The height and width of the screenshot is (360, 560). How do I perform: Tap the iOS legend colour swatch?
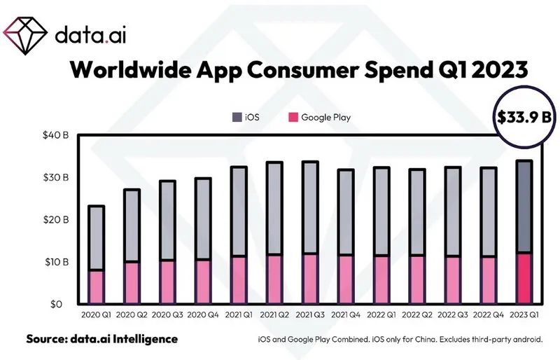click(235, 117)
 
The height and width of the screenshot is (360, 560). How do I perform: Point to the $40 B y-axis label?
click(55, 135)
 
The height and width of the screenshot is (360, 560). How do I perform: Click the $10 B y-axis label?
click(55, 262)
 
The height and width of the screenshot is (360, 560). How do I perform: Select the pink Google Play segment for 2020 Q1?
click(97, 287)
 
